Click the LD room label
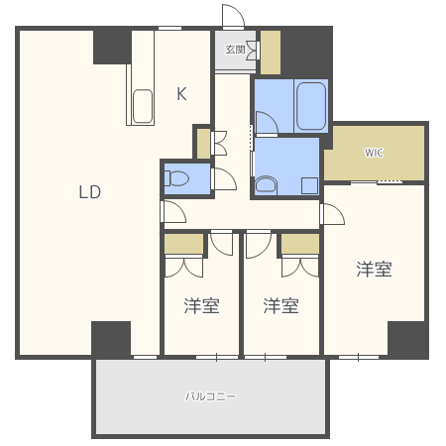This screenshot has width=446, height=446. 90,192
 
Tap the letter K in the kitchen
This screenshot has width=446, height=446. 181,93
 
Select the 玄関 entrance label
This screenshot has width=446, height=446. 235,50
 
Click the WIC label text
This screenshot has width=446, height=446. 374,153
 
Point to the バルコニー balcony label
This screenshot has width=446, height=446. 210,396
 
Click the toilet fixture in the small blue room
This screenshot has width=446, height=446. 176,178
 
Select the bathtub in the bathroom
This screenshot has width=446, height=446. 311,106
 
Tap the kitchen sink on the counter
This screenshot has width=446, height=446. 143,106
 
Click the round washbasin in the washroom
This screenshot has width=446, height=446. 266,184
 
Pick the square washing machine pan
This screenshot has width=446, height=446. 309,185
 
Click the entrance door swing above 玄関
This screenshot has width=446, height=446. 233,16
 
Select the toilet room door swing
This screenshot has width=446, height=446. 225,178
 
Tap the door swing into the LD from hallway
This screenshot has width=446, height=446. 174,211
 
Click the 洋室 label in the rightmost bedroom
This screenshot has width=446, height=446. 374,270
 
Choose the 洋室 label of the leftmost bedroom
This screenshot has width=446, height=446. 201,305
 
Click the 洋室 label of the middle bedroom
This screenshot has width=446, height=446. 281,305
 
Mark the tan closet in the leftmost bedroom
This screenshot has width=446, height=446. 184,244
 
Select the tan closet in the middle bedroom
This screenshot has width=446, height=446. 300,244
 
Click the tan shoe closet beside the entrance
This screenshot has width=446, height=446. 271,53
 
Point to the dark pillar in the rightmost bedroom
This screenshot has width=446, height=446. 406,339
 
